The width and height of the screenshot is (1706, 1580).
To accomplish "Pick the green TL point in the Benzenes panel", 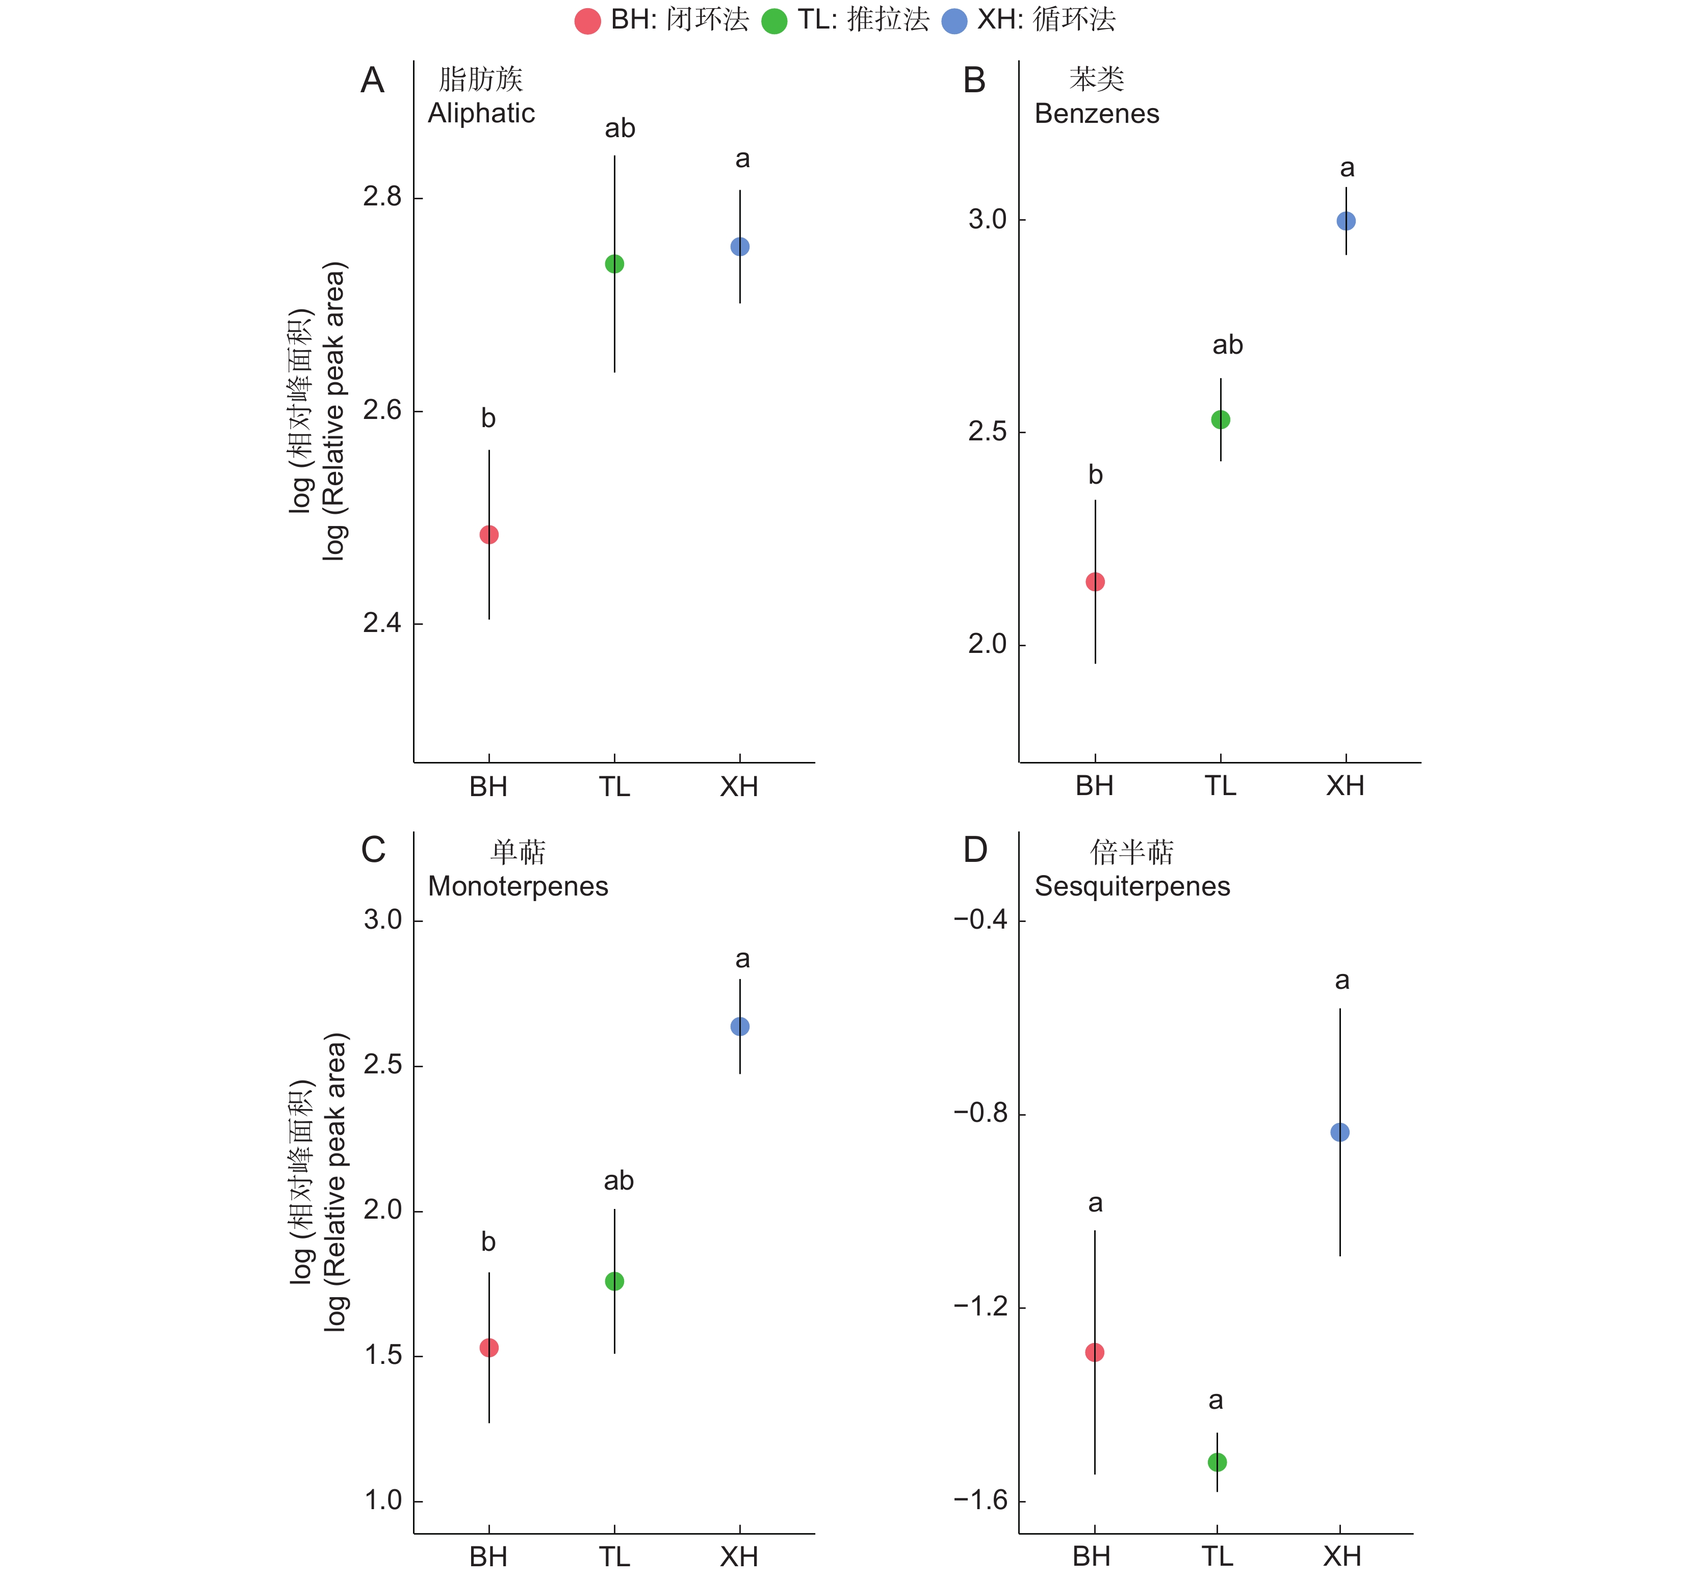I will coord(1220,420).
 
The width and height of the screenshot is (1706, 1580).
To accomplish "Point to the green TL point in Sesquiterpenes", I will coord(1217,1462).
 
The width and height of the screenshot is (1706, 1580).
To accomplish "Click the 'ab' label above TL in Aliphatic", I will coord(620,128).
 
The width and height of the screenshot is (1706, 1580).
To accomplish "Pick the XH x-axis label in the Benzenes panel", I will coord(1345,786).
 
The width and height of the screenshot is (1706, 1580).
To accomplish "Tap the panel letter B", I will coord(975,81).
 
